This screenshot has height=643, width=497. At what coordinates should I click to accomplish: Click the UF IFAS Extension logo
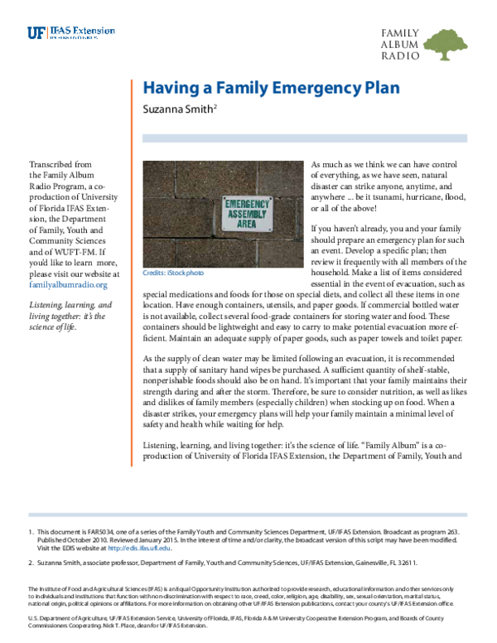(62, 34)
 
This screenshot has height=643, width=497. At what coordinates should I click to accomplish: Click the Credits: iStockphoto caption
(172, 273)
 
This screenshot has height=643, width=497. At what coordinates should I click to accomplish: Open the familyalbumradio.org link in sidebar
(69, 284)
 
